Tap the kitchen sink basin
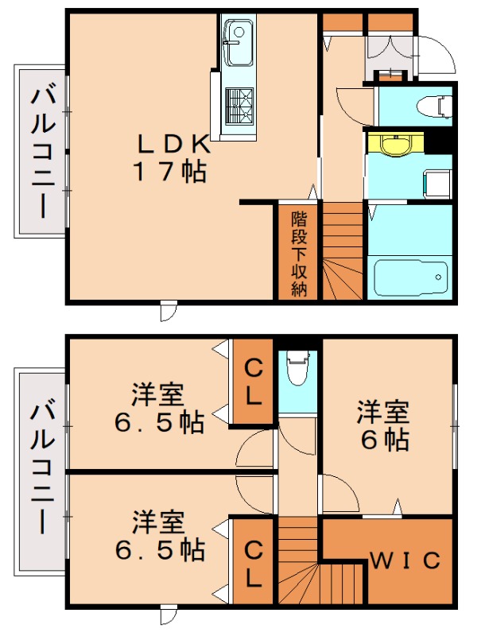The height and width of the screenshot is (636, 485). [236, 34]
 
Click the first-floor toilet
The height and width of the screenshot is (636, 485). [433, 104]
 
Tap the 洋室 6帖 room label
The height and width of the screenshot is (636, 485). [382, 425]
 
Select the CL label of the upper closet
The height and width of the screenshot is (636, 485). [253, 382]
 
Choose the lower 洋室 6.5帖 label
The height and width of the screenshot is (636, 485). [157, 534]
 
